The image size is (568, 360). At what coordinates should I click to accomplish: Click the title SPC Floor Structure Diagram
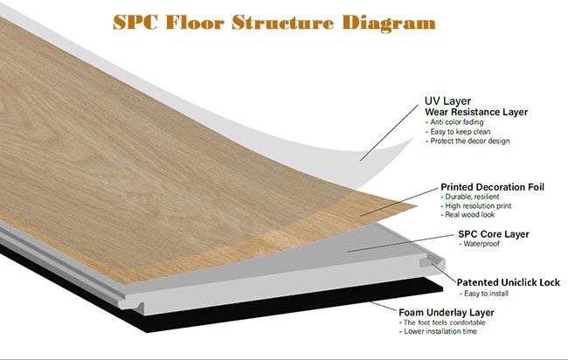[274, 24]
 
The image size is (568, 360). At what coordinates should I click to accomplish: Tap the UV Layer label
[447, 101]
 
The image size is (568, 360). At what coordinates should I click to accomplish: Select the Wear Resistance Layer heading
[476, 112]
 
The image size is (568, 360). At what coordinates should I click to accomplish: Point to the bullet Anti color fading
[454, 122]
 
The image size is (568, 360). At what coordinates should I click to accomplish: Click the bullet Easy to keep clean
[458, 131]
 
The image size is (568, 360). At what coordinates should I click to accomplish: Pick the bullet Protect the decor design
[468, 141]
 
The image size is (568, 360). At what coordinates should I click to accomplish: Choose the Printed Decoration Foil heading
[492, 187]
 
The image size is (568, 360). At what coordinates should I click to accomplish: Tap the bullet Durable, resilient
[470, 197]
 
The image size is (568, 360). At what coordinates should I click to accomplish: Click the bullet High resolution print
[476, 205]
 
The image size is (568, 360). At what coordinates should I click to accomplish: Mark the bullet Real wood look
[468, 214]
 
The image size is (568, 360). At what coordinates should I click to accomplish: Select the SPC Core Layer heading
[494, 234]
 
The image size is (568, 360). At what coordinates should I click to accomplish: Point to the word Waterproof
[481, 244]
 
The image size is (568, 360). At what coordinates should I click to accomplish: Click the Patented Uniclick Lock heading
[509, 282]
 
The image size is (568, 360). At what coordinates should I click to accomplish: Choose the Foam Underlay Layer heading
[447, 313]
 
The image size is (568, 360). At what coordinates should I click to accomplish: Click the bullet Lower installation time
[438, 331]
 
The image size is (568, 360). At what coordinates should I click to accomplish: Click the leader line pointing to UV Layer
[390, 133]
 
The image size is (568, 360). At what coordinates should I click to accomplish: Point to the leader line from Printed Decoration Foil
[399, 202]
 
